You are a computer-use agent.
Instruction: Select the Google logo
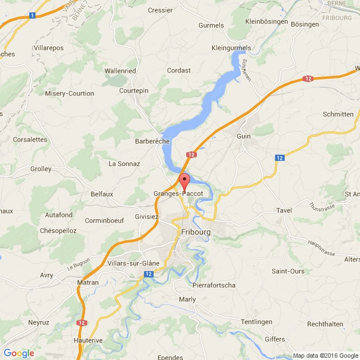[19, 353]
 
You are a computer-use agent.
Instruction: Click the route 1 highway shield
[33, 16]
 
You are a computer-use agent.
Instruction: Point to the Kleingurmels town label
[231, 48]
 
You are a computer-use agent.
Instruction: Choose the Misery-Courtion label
[70, 93]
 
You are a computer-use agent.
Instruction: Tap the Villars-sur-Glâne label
[133, 263]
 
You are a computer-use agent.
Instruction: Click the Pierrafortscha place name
[214, 285]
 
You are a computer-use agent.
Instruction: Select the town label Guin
[244, 136]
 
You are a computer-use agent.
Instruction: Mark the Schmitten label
[339, 114]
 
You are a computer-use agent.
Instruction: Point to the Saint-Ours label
[288, 271]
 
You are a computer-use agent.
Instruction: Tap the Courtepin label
[134, 91]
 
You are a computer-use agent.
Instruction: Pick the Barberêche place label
[152, 141]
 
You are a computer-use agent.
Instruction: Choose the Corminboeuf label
[103, 220]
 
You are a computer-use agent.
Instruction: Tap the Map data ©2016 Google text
[326, 355]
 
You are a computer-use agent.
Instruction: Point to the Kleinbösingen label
[267, 22]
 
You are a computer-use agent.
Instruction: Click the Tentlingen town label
[256, 322]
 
